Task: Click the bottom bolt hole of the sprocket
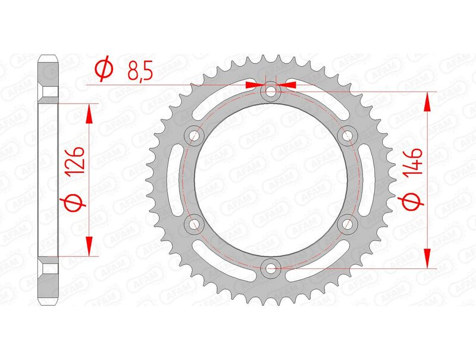pos(271,268)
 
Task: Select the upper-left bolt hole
pos(194,136)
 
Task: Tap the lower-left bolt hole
pos(194,224)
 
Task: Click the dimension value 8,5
pos(140,71)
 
